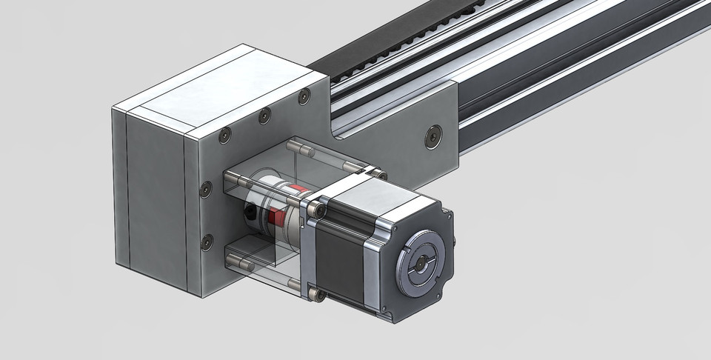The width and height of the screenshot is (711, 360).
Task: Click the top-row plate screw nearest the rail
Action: point(303,96)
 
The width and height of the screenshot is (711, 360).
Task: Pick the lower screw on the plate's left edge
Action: point(207,241)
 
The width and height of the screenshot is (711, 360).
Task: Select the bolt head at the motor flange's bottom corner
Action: point(319,295)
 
